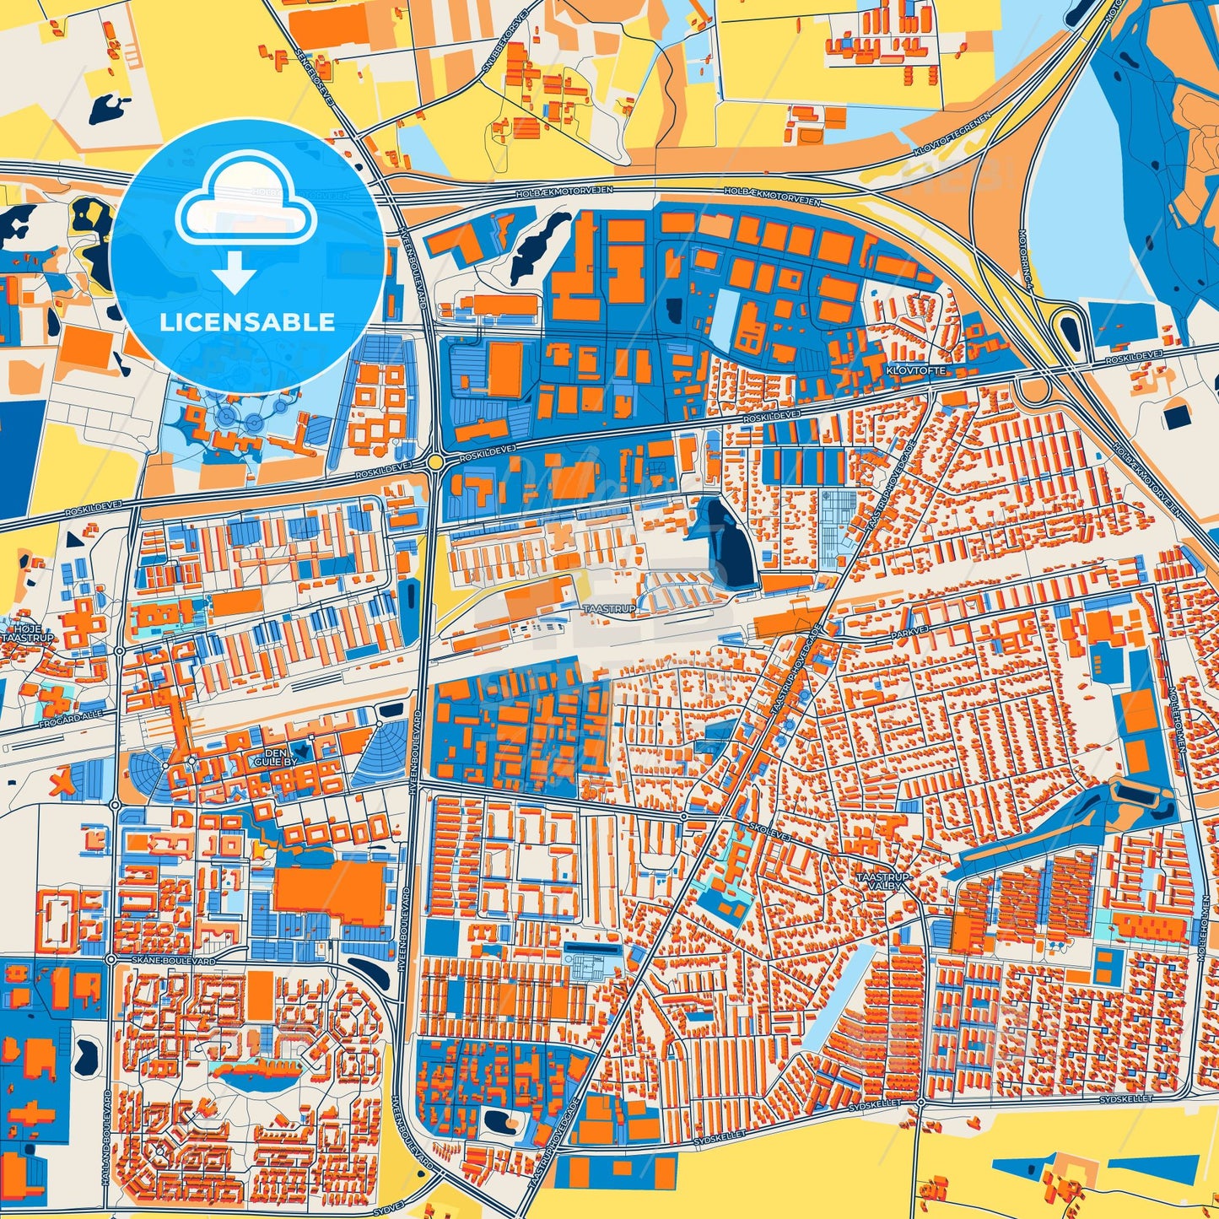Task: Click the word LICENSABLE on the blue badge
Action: point(247,322)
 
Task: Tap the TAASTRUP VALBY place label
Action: point(883,882)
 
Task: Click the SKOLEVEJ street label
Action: point(767,829)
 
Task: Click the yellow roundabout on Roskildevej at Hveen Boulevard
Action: point(434,462)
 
